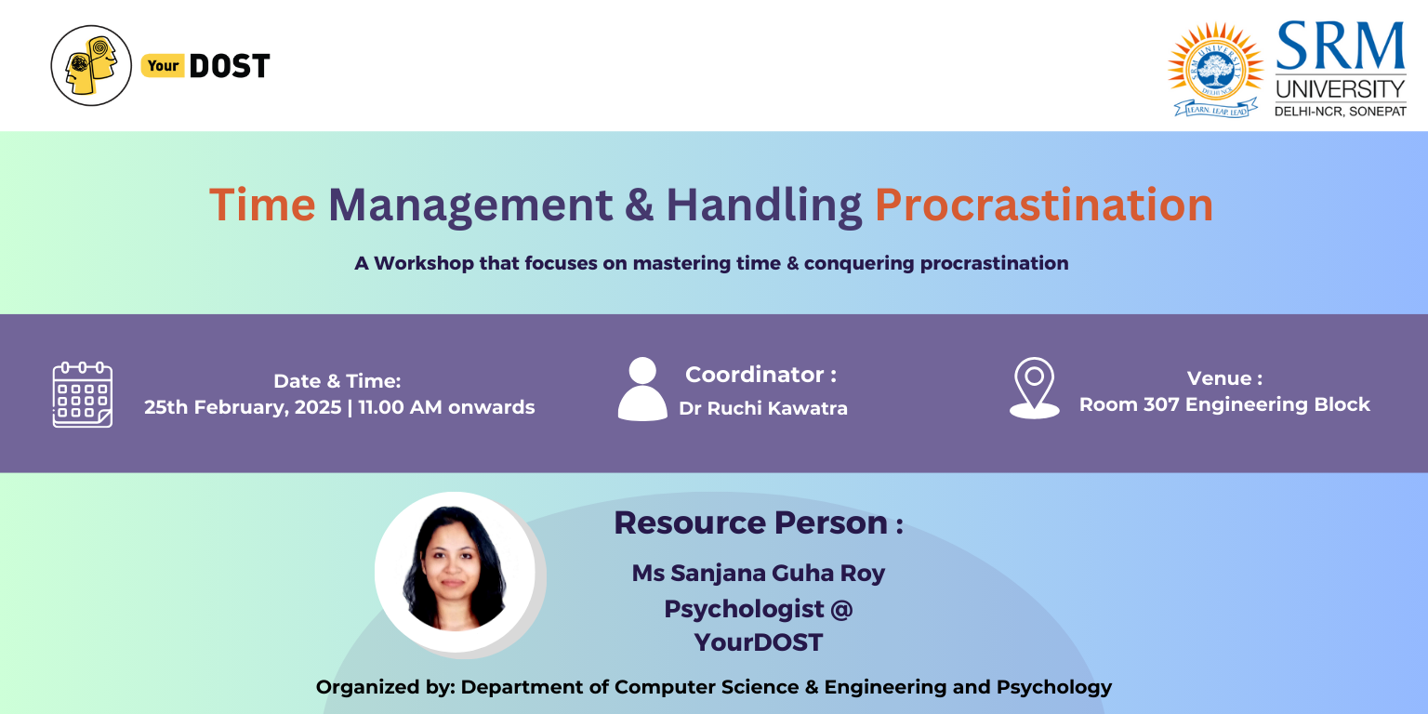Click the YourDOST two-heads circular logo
91,66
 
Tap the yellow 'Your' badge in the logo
164,66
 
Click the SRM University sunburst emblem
1216,70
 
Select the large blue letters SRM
1341,46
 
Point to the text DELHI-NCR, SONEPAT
1340,112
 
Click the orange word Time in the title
263,205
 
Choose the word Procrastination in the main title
1044,205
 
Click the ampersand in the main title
640,205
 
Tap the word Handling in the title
763,205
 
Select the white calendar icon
82,394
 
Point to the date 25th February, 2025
243,407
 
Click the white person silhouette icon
642,389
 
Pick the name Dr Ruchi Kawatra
763,409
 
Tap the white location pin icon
1035,388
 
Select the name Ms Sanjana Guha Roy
758,573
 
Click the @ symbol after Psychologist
841,610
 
